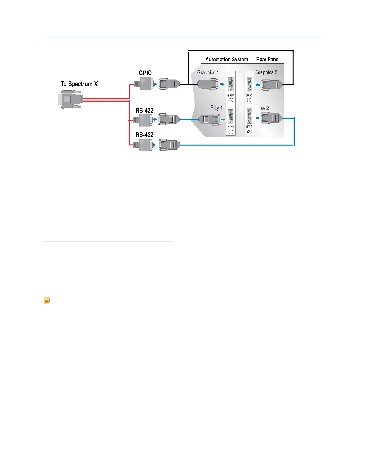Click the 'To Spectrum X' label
tap(79, 84)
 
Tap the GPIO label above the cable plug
tap(145, 73)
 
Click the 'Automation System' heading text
tap(227, 60)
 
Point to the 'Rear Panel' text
tap(268, 60)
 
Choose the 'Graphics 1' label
tap(208, 72)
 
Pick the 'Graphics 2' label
tap(266, 72)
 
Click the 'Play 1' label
tap(216, 108)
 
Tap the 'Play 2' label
tap(262, 108)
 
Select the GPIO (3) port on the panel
tap(231, 84)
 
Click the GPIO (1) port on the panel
tap(249, 84)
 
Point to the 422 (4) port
tap(231, 117)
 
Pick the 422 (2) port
tap(249, 116)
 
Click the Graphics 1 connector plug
tap(208, 84)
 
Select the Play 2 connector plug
tap(271, 118)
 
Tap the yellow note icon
tap(46, 301)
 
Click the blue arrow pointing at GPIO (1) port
tap(258, 85)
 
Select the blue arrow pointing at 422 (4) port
tap(223, 120)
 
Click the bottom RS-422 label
tap(145, 135)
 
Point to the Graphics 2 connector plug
tap(271, 85)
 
